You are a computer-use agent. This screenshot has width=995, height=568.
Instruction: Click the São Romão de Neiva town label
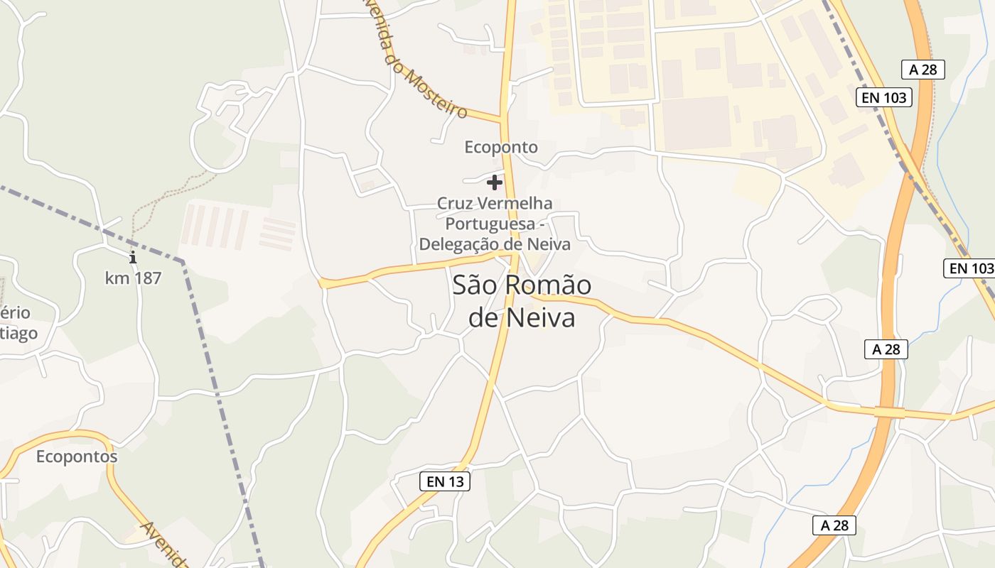(522, 302)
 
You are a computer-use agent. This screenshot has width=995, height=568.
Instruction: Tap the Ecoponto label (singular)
(501, 147)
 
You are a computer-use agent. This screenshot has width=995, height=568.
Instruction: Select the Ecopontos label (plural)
(77, 456)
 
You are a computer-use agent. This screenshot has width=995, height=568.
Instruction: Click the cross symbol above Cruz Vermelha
(495, 182)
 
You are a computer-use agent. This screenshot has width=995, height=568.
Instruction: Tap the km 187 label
(133, 278)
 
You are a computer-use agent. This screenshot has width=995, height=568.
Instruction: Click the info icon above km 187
(132, 257)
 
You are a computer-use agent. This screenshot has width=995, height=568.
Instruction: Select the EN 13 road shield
(445, 481)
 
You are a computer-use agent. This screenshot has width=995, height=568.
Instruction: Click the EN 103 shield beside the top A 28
(884, 97)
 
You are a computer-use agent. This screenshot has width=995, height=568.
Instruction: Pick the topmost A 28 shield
(923, 69)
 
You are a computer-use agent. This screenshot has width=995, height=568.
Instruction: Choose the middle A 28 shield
(886, 349)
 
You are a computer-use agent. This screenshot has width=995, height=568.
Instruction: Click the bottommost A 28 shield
(834, 525)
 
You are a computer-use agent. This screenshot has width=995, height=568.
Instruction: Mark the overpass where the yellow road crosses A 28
(889, 412)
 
